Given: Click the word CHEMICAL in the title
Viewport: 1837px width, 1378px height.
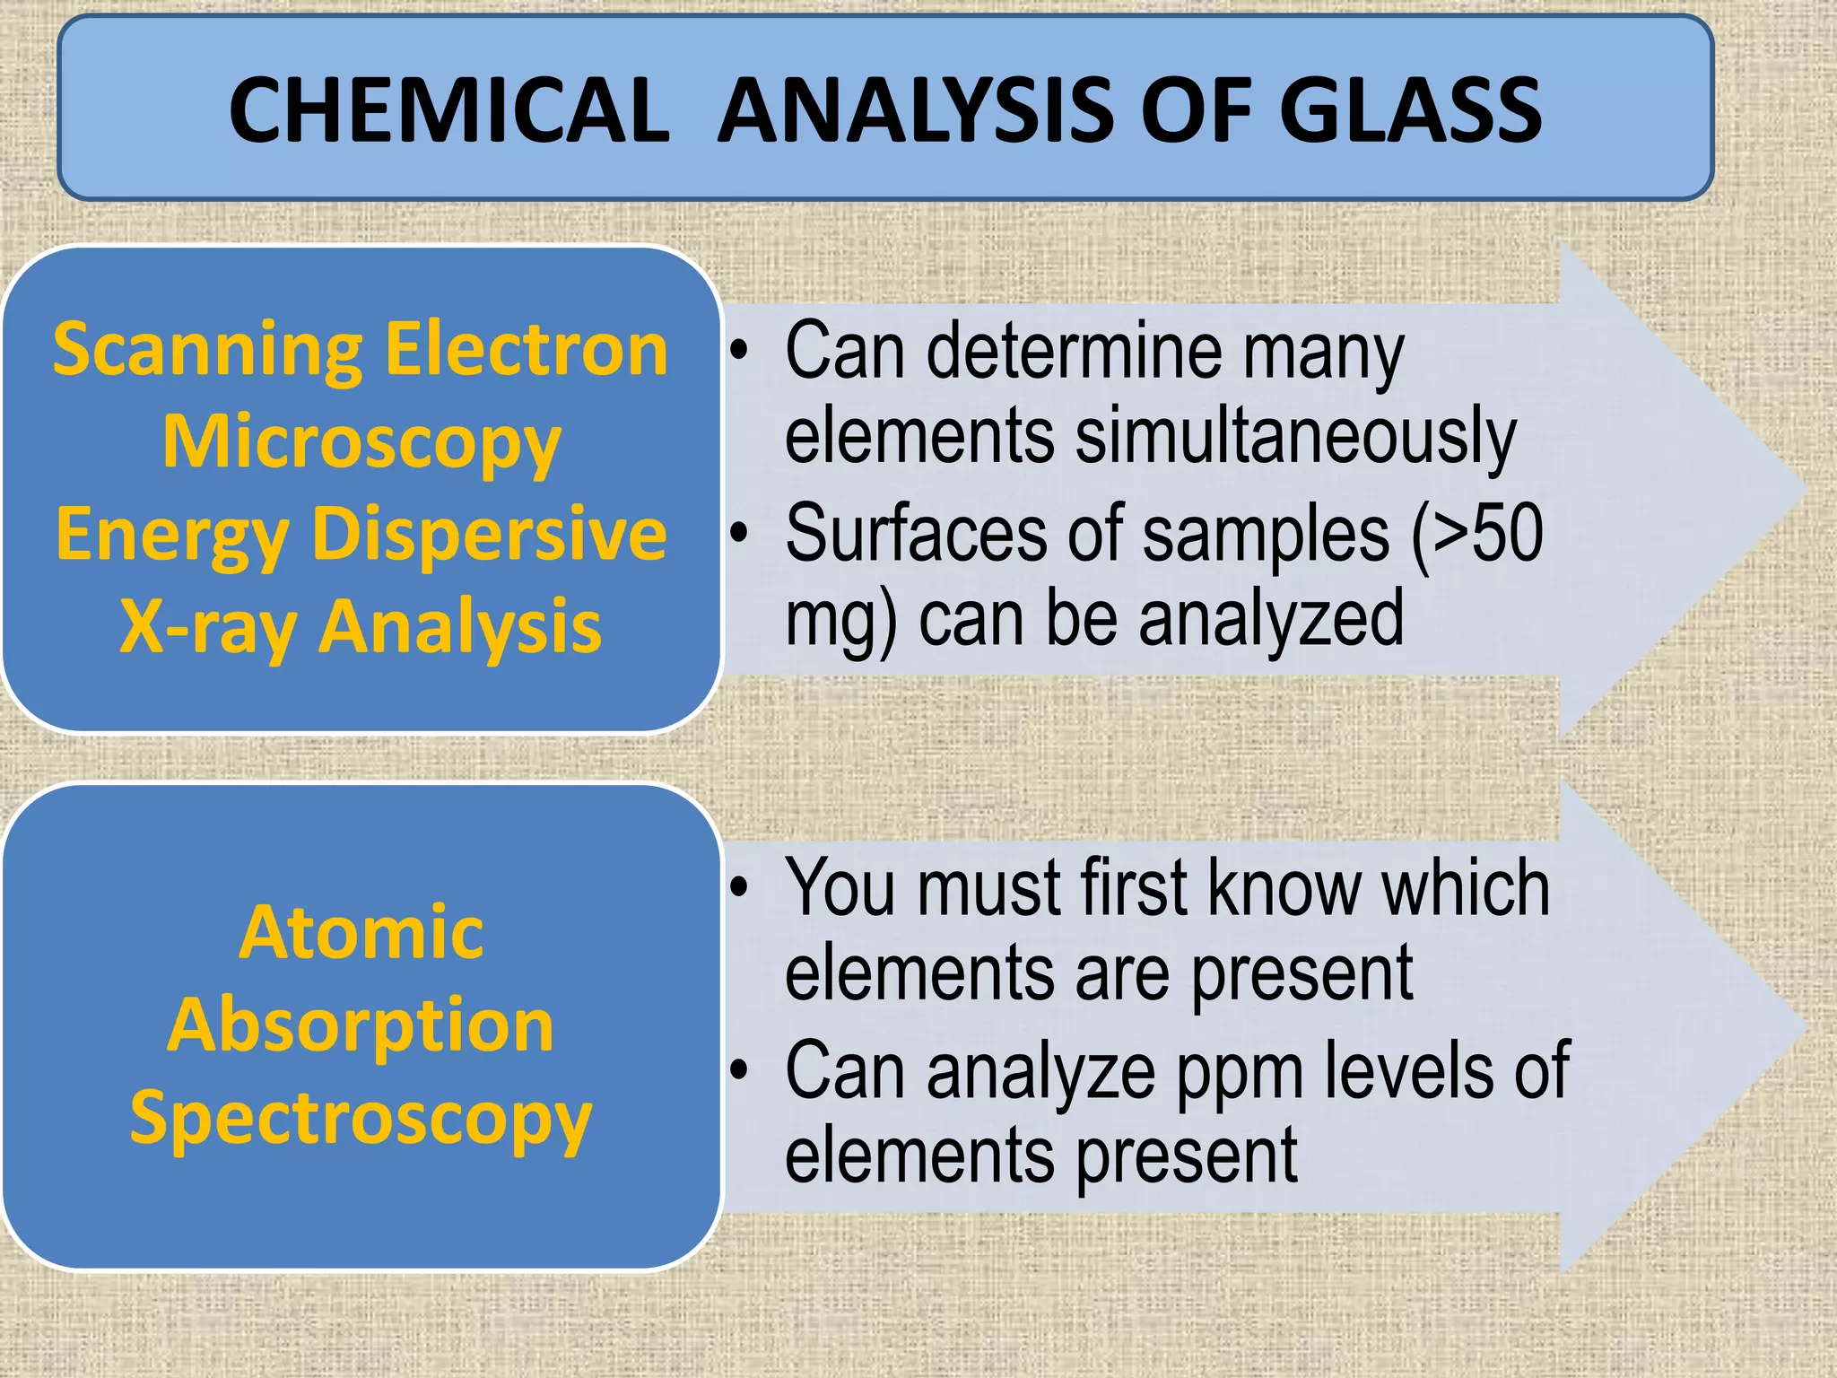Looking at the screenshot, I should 448,110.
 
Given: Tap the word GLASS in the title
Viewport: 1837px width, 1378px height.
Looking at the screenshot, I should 1409,110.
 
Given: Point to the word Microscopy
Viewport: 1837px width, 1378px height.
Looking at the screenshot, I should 361,443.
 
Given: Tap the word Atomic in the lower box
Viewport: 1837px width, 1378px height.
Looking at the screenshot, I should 361,932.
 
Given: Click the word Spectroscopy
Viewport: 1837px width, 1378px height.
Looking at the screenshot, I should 361,1119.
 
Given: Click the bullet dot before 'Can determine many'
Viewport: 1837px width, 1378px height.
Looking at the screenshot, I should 738,351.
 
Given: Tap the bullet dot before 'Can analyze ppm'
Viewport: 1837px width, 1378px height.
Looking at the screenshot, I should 738,1070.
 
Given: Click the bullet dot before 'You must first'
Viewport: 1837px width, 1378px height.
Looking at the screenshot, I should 738,888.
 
